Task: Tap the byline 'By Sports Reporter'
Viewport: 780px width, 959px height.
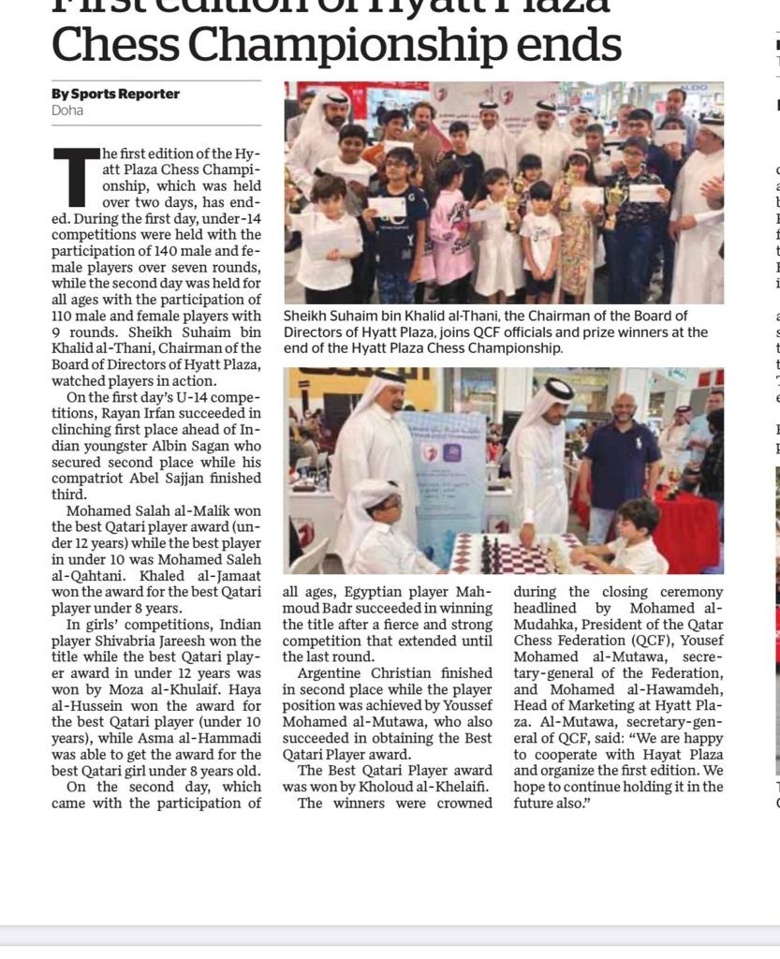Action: click(115, 94)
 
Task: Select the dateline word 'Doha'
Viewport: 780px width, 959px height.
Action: click(67, 111)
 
